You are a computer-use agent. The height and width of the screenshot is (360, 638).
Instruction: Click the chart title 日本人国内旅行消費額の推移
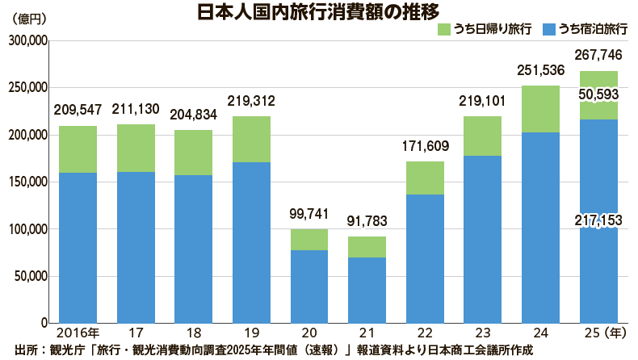click(x=318, y=12)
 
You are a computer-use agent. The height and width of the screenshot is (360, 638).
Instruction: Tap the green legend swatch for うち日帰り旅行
click(x=447, y=29)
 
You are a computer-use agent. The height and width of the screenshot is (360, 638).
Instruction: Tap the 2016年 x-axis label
click(x=78, y=332)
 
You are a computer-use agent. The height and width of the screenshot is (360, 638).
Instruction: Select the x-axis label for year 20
click(x=309, y=332)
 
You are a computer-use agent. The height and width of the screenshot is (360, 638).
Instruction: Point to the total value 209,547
click(x=78, y=110)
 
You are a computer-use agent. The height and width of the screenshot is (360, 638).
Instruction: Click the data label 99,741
click(x=309, y=215)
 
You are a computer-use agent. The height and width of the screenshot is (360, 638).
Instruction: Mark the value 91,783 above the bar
click(x=367, y=221)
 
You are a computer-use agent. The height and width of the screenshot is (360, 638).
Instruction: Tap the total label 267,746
click(x=599, y=56)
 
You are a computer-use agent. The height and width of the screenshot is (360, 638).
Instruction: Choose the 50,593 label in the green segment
click(x=599, y=94)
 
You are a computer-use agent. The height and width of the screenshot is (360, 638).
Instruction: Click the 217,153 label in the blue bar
click(x=599, y=220)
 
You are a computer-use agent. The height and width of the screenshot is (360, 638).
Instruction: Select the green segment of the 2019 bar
click(x=251, y=139)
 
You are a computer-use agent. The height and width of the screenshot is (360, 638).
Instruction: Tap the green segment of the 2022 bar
click(x=425, y=178)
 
